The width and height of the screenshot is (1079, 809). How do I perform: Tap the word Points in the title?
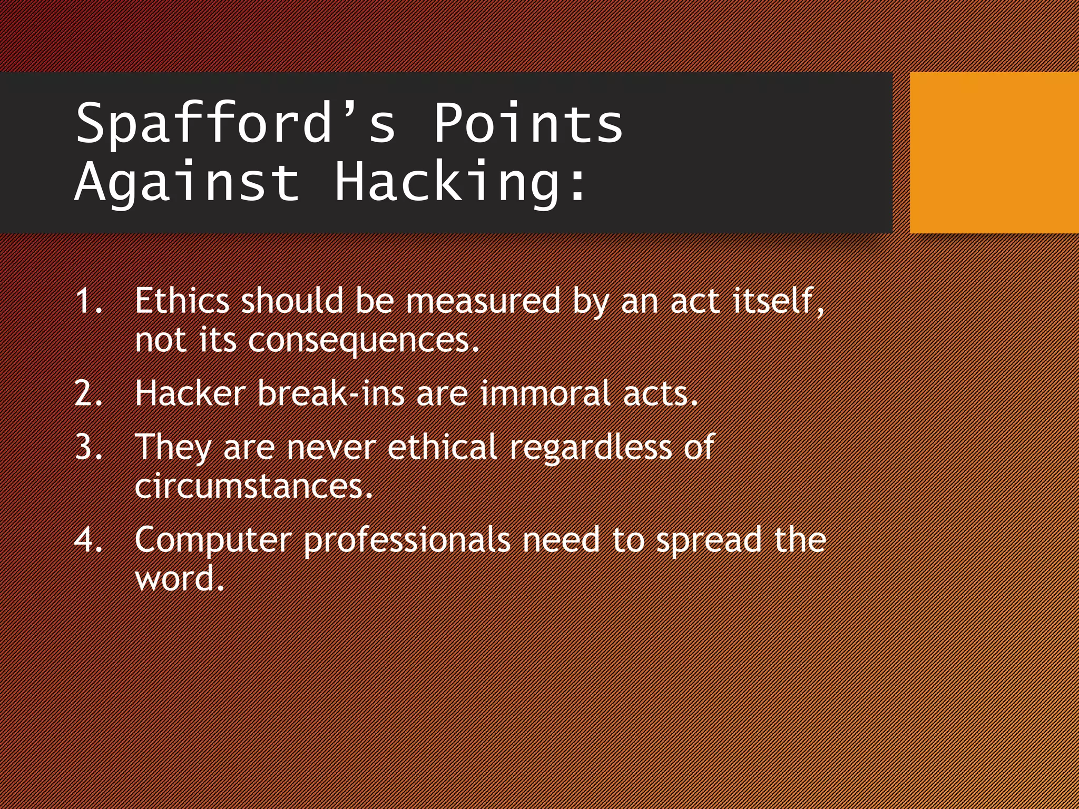pyautogui.click(x=528, y=123)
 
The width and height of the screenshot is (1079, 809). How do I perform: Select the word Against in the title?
pyautogui.click(x=187, y=182)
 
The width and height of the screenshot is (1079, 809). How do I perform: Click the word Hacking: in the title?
pyautogui.click(x=460, y=182)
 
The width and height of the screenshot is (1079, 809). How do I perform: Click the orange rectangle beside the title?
pyautogui.click(x=994, y=152)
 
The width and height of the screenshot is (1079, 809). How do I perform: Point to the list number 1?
pyautogui.click(x=88, y=302)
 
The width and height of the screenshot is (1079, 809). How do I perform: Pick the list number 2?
pyautogui.click(x=88, y=394)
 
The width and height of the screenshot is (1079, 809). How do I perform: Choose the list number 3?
pyautogui.click(x=88, y=447)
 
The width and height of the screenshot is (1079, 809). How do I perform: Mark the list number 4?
pyautogui.click(x=88, y=540)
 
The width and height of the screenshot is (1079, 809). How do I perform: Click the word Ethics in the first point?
pyautogui.click(x=182, y=301)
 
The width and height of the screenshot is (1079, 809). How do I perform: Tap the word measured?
pyautogui.click(x=483, y=301)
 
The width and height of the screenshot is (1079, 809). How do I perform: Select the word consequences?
pyautogui.click(x=363, y=341)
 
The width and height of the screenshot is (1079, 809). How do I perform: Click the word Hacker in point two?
pyautogui.click(x=190, y=393)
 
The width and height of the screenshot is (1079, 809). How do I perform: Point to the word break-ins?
pyautogui.click(x=331, y=393)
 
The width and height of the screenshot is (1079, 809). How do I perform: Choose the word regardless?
pyautogui.click(x=590, y=447)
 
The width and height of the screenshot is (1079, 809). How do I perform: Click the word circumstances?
pyautogui.click(x=253, y=486)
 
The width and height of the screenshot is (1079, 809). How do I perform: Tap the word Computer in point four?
pyautogui.click(x=213, y=540)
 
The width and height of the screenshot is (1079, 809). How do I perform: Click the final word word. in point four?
pyautogui.click(x=180, y=579)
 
